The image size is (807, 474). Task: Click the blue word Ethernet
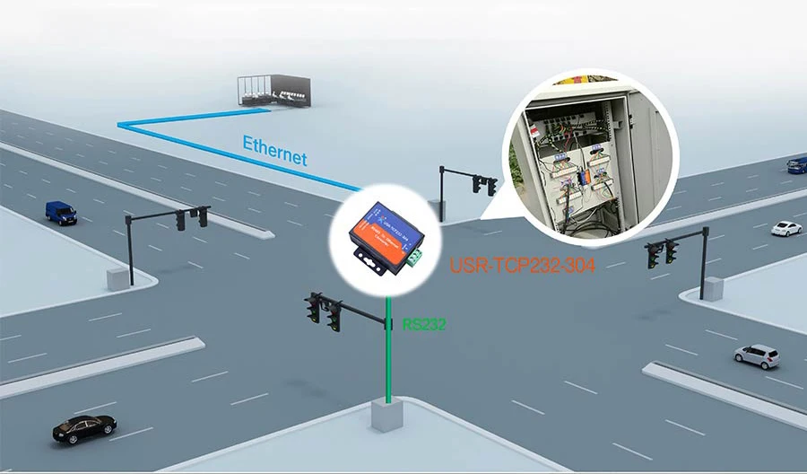click(274, 150)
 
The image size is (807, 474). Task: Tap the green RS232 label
click(424, 325)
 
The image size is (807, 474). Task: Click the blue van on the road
click(61, 212)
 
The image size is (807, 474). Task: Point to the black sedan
click(84, 427)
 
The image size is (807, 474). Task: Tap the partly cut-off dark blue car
click(797, 164)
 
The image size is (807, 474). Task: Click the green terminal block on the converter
click(414, 258)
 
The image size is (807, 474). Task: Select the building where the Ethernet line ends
click(273, 91)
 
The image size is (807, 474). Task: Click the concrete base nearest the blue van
click(117, 278)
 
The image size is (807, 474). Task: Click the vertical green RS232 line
click(388, 359)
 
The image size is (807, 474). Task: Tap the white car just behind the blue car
click(786, 228)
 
